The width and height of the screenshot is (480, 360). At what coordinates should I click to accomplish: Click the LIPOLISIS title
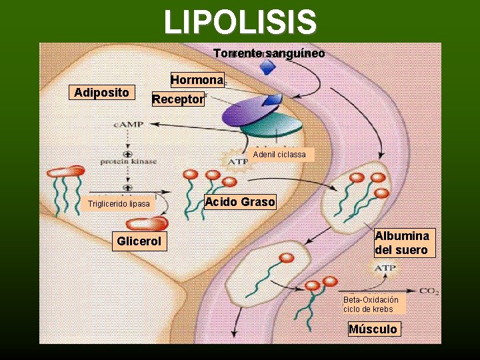240,21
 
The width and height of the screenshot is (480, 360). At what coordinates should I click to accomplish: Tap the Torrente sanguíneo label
269,53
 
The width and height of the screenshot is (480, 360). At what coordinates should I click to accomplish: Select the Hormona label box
197,80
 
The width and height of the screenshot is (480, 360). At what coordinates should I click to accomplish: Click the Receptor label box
177,99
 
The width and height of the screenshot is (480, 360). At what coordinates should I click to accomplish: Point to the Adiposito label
102,92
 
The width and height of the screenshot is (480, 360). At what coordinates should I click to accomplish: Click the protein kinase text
128,161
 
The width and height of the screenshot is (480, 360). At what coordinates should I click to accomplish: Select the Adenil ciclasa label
279,155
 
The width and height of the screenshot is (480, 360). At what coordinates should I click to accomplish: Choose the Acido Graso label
240,202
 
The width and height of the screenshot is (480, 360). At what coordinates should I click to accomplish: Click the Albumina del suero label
405,243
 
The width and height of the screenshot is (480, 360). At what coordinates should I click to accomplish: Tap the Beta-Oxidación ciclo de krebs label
371,305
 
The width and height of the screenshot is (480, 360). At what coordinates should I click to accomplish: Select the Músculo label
374,329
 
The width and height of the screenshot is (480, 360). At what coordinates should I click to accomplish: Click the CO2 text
428,291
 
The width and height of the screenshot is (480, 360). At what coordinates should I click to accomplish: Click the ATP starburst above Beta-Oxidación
385,268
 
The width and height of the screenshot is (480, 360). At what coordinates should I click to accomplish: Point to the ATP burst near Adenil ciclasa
238,161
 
